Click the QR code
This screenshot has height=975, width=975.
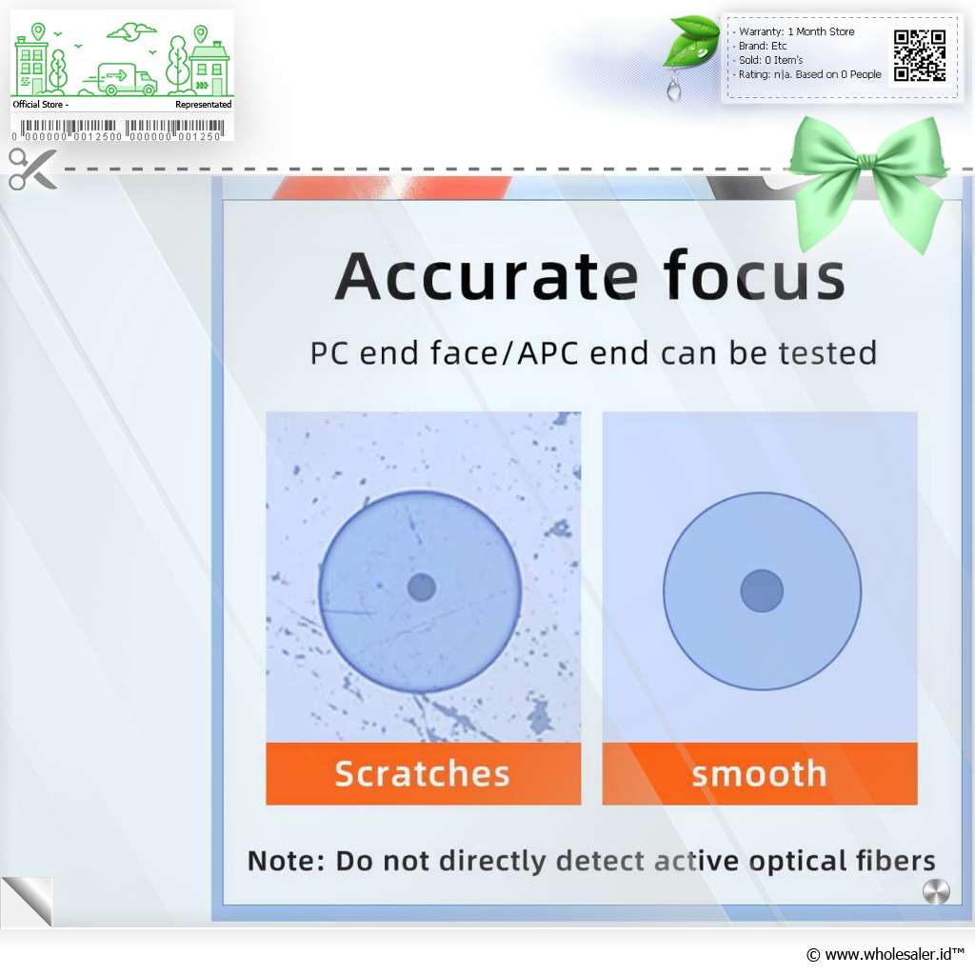(x=920, y=55)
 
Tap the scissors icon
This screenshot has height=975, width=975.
(x=33, y=169)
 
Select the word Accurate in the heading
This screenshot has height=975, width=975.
(x=487, y=276)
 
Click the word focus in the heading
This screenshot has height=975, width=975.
(x=754, y=275)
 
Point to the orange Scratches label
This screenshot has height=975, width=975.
(x=423, y=773)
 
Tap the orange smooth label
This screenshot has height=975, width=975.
(x=760, y=773)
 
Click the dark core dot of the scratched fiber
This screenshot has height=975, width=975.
(x=422, y=587)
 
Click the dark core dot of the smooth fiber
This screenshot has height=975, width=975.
(x=762, y=590)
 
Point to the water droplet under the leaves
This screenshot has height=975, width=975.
(x=673, y=89)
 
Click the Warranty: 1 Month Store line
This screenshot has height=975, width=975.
(x=796, y=31)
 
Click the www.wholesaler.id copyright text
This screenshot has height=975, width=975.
(x=885, y=954)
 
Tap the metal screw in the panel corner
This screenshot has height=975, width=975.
(x=936, y=891)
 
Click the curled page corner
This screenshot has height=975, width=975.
(x=27, y=902)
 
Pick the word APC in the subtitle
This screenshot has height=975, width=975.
(x=547, y=353)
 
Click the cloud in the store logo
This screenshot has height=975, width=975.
(x=131, y=31)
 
